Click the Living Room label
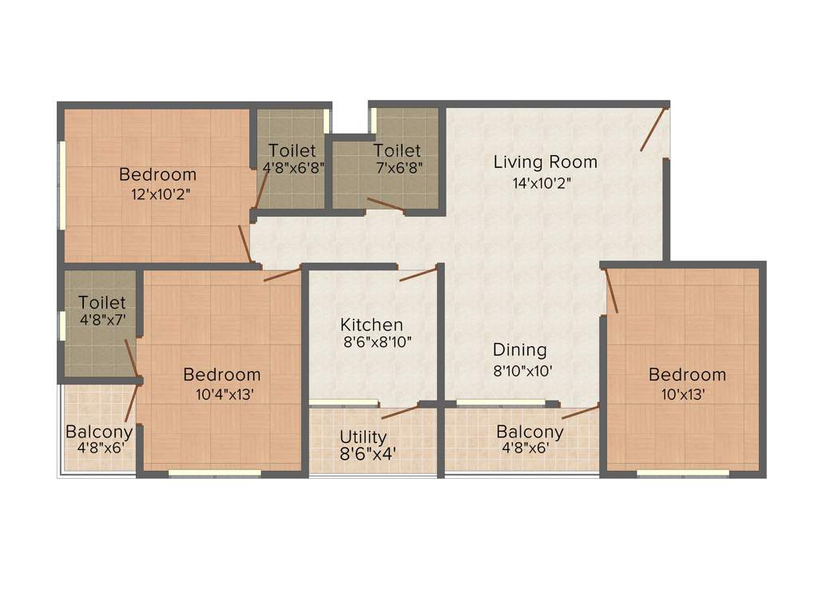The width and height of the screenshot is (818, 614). (545, 162)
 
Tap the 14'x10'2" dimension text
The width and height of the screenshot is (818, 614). (542, 182)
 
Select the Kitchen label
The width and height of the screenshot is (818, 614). (371, 325)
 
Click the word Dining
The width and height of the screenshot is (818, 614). (519, 350)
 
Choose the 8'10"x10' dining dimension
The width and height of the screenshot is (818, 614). (522, 370)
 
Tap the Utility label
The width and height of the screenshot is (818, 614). (363, 437)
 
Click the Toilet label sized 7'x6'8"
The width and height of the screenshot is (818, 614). (397, 150)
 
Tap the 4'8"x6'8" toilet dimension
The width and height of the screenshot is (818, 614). (293, 168)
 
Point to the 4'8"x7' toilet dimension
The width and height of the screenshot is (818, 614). (102, 321)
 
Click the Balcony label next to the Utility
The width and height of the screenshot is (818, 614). (530, 432)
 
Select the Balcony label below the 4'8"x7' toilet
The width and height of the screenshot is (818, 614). (99, 432)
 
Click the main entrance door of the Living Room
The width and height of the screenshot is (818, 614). (653, 129)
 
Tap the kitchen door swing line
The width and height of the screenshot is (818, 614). (418, 274)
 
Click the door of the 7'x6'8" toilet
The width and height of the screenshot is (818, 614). (385, 205)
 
